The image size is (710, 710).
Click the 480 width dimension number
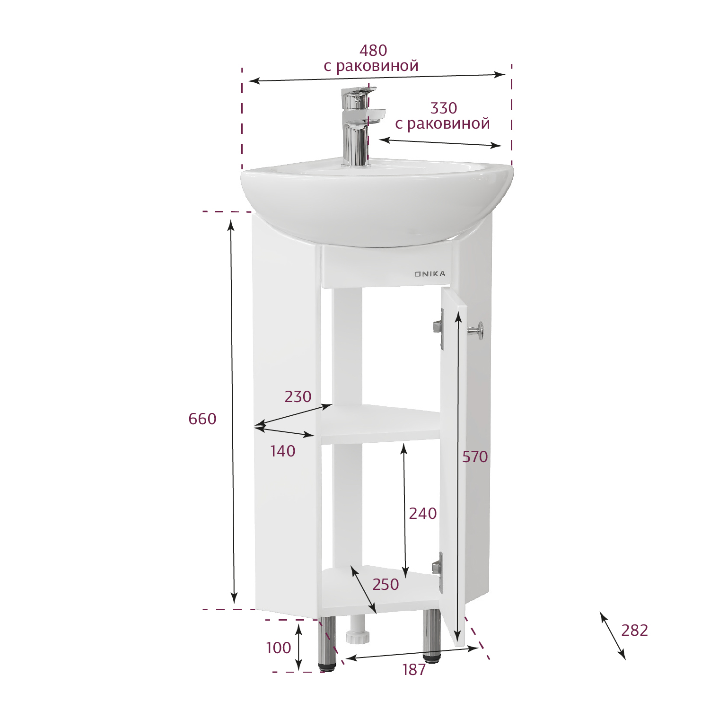373,50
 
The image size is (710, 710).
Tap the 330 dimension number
443,108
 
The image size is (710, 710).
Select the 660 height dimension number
202,419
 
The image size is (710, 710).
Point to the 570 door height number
475,457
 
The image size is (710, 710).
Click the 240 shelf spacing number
423,514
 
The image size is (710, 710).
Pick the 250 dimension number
386,585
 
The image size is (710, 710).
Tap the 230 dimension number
298,396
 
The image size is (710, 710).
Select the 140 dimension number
283,451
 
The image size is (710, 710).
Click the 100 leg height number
279,648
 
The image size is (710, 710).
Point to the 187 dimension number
414,670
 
